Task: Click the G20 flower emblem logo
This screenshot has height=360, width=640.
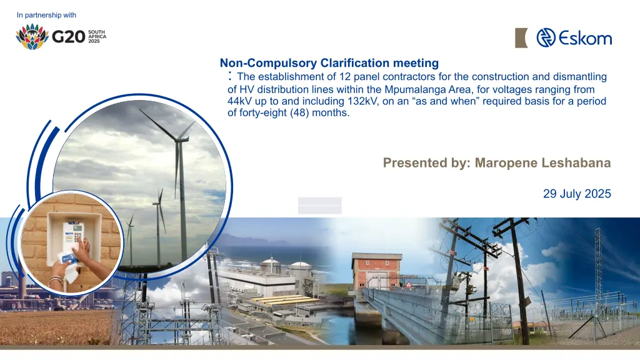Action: [32, 36]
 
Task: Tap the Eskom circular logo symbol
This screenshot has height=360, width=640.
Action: [546, 37]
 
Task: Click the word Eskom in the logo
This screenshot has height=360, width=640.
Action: [585, 38]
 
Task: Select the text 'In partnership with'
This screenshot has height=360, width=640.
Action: [46, 15]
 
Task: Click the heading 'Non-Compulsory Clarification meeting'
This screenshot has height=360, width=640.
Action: [329, 63]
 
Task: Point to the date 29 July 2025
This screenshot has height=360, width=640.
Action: [577, 194]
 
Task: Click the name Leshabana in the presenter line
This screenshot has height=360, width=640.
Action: [576, 163]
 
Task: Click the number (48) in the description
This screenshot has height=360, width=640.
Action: [299, 112]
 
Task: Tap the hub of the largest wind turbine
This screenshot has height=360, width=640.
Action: [177, 140]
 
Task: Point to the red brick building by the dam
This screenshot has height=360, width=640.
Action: [376, 271]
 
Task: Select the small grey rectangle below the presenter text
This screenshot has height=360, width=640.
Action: [319, 205]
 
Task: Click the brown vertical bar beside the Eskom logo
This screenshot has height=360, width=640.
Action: [521, 38]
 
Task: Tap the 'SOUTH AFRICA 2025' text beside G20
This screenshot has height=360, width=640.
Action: [97, 36]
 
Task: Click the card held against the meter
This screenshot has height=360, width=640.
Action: [67, 258]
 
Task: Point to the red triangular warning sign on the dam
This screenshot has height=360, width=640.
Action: [409, 284]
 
